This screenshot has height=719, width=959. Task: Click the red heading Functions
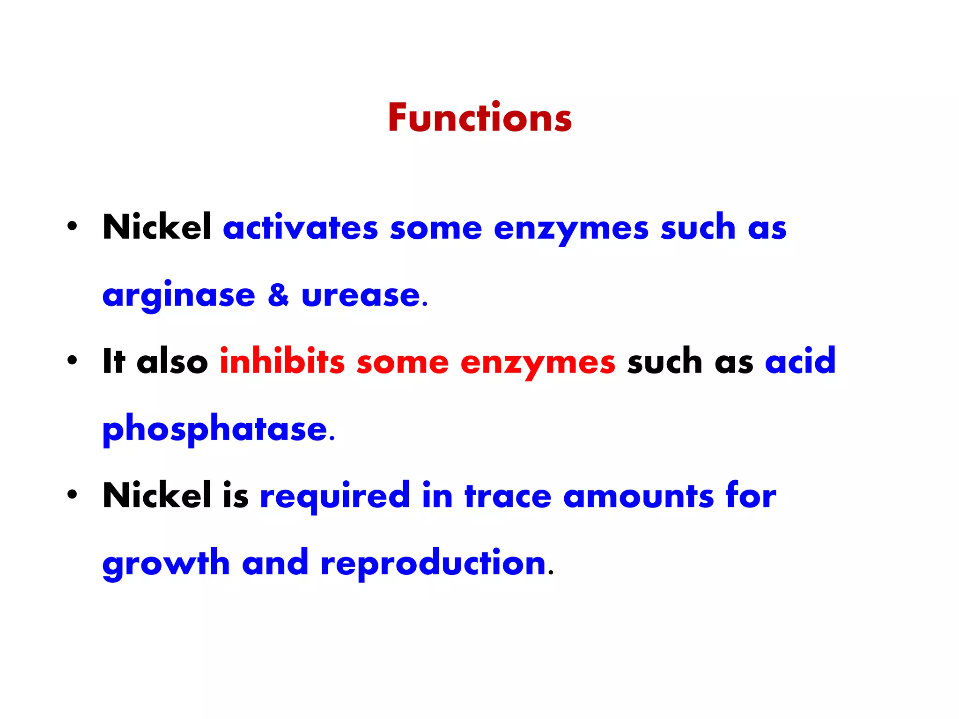pyautogui.click(x=479, y=117)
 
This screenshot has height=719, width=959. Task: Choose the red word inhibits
pyautogui.click(x=282, y=361)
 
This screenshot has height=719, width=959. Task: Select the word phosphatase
pyautogui.click(x=215, y=429)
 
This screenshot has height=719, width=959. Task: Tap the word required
pyautogui.click(x=335, y=496)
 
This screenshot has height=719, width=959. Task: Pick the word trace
pyautogui.click(x=508, y=496)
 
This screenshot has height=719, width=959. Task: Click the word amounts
pyautogui.click(x=639, y=496)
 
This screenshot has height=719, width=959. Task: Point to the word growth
pyautogui.click(x=166, y=563)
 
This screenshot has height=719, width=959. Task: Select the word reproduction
pyautogui.click(x=434, y=563)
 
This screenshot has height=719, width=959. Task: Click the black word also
pyautogui.click(x=172, y=361)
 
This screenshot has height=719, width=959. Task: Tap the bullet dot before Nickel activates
pyautogui.click(x=72, y=227)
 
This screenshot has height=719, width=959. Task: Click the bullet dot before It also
pyautogui.click(x=72, y=360)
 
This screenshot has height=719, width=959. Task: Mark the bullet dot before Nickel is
pyautogui.click(x=72, y=494)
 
